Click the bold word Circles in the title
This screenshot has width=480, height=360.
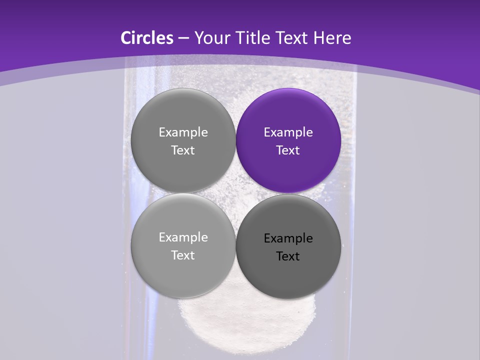point(146,38)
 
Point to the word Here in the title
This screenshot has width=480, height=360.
point(332,38)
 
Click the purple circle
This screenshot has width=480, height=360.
point(288,140)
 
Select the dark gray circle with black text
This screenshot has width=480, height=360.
point(288,246)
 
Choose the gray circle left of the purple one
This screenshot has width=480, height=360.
point(183,140)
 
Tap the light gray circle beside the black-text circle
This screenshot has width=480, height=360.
point(183,245)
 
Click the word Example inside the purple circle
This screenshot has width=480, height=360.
point(288,132)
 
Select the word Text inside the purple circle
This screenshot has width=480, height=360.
point(288,150)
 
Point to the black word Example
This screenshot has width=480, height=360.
point(288,238)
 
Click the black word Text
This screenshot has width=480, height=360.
point(288,256)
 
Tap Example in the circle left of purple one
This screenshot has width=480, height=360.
point(183,132)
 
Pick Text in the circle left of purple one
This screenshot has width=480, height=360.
point(183,150)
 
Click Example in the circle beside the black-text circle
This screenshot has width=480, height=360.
point(183,237)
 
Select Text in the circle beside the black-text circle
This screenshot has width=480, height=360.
point(183,255)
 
